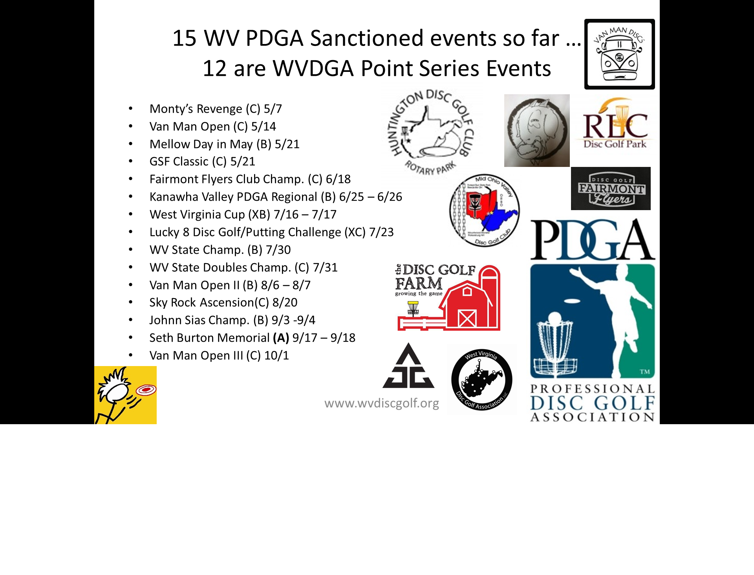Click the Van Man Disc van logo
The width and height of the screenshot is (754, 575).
[619, 54]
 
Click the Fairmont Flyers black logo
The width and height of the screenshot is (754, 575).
[611, 189]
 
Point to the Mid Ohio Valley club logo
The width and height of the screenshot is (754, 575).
[484, 210]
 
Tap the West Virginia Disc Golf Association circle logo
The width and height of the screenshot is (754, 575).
[482, 379]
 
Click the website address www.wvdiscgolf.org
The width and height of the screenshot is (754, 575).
[381, 403]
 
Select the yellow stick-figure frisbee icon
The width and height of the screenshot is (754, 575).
[125, 395]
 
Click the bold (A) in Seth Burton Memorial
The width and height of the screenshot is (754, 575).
[281, 338]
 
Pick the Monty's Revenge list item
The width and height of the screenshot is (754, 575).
[216, 109]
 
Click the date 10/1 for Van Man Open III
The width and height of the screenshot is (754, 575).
[276, 355]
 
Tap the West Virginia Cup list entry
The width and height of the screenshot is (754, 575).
[243, 214]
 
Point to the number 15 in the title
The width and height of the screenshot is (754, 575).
[184, 38]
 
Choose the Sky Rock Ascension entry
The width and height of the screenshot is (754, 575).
[223, 302]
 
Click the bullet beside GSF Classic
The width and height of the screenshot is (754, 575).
[130, 161]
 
